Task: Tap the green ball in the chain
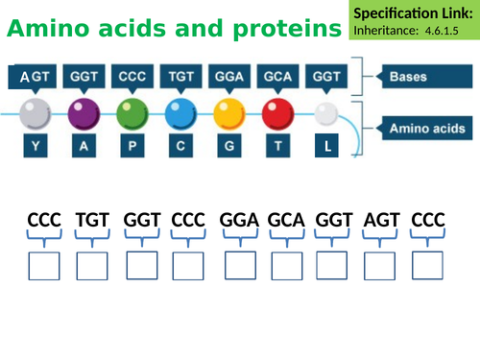click(130, 113)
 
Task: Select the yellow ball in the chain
click(228, 113)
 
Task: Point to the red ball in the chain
click(277, 113)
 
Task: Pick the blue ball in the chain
click(180, 113)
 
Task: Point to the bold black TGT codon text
click(92, 222)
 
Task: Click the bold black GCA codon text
click(286, 222)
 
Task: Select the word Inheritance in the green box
click(385, 31)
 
